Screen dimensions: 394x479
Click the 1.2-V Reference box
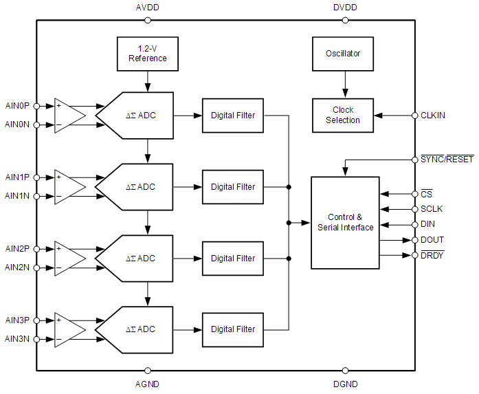click(147, 54)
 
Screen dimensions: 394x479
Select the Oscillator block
click(343, 54)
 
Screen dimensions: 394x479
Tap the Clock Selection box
click(343, 115)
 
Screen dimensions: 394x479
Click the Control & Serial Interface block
click(345, 222)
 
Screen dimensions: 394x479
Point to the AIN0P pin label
click(17, 106)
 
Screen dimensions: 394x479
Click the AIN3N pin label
click(17, 338)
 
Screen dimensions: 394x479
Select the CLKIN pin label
click(432, 116)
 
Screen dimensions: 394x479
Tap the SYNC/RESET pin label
click(447, 160)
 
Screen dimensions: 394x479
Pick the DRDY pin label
click(432, 256)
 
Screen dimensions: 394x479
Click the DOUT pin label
click(432, 240)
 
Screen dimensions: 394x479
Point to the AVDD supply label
click(148, 8)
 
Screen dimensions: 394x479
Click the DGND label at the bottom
click(345, 384)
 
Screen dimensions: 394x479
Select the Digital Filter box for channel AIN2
click(233, 259)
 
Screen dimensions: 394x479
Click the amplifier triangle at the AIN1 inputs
click(69, 186)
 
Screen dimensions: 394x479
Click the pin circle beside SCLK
click(414, 208)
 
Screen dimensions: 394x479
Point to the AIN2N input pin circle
click(36, 267)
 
